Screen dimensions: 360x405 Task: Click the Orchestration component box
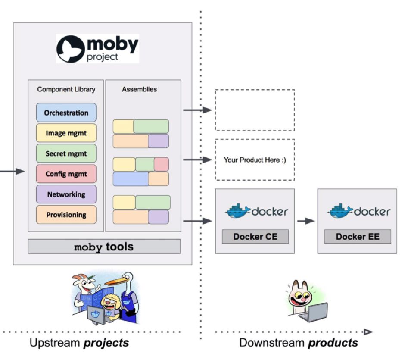coord(66,113)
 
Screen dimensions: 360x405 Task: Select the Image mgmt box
coord(66,133)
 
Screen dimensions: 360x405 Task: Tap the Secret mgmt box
coord(66,153)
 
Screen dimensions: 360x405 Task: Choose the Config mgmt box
coord(66,174)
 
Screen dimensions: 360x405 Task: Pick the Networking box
coord(66,194)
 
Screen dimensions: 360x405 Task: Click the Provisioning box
coord(66,215)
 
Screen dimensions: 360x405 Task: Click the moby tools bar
coord(104,247)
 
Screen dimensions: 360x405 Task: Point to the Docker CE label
coord(255,237)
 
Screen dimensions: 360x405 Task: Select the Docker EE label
coord(357,237)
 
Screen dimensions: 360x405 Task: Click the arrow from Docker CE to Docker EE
coord(306,221)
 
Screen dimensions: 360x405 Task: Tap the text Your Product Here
coord(255,160)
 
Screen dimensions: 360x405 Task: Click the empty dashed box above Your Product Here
coord(255,110)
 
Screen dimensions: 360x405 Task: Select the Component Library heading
coord(66,90)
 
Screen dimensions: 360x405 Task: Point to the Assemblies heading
coord(139,90)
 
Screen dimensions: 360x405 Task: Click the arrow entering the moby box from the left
coord(13,172)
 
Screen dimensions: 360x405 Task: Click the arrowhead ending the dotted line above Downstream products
coord(368,332)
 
